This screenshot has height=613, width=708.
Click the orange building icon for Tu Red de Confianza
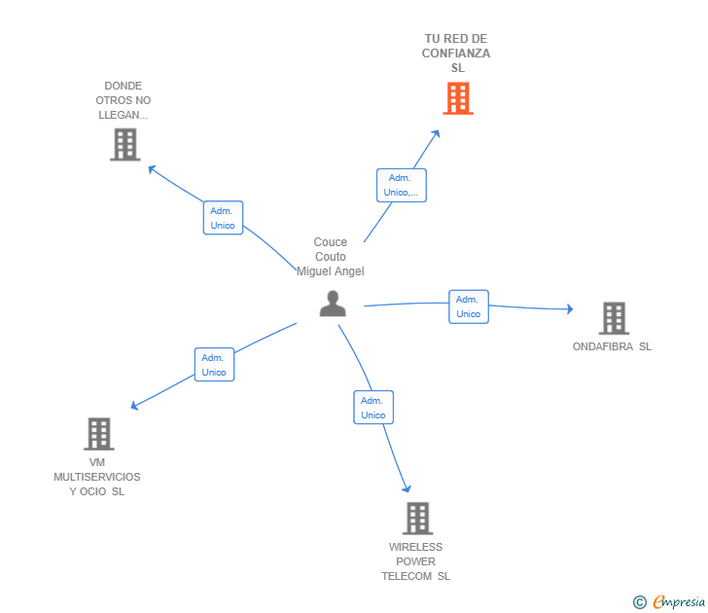pyautogui.click(x=458, y=98)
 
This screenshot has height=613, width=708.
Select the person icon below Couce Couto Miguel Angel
pyautogui.click(x=333, y=305)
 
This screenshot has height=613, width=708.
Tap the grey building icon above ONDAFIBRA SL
pyautogui.click(x=613, y=318)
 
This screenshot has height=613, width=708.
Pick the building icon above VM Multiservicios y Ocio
pyautogui.click(x=98, y=434)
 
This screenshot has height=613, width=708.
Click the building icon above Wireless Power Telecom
pyautogui.click(x=417, y=519)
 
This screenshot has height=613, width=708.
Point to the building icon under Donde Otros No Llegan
pyautogui.click(x=124, y=145)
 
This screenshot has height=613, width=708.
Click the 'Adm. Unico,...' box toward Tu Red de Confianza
pyautogui.click(x=401, y=185)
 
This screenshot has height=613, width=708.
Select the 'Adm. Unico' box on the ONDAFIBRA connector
pyautogui.click(x=468, y=306)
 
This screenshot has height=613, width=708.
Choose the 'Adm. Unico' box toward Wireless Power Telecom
pyautogui.click(x=373, y=408)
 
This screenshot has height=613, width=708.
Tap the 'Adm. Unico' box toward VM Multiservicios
pyautogui.click(x=214, y=365)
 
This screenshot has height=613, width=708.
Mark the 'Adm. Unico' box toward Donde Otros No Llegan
pyautogui.click(x=223, y=218)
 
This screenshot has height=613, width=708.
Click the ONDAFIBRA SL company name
pyautogui.click(x=612, y=346)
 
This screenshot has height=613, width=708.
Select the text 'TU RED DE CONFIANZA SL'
pyautogui.click(x=456, y=54)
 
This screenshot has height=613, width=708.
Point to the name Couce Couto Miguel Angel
pyautogui.click(x=331, y=257)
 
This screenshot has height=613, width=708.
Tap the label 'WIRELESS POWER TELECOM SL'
pyautogui.click(x=416, y=561)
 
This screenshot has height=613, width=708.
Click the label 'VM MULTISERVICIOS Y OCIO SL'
pyautogui.click(x=97, y=477)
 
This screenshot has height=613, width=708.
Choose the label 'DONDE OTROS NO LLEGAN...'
pyautogui.click(x=124, y=100)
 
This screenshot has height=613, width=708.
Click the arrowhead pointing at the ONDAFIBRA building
pyautogui.click(x=569, y=309)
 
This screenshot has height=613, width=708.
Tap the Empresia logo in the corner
pyautogui.click(x=678, y=601)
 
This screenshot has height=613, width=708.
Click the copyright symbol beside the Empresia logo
pyautogui.click(x=640, y=602)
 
